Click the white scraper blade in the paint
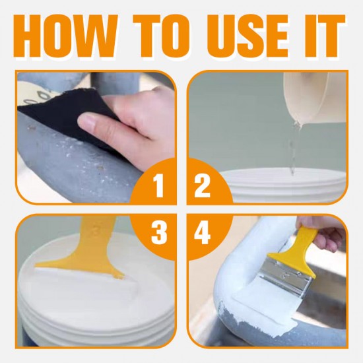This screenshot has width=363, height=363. point(79,271)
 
